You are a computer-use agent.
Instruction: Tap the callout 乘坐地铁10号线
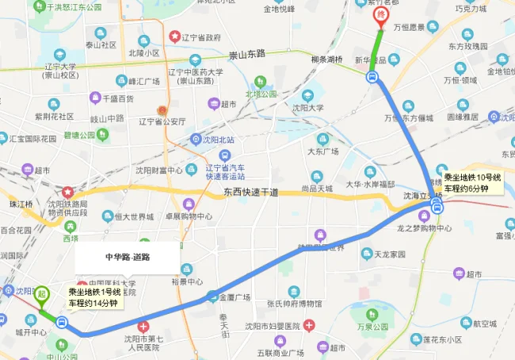coord(471,183)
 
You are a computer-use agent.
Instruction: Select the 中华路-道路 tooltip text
coord(128,257)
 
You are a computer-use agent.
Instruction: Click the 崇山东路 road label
coord(247,55)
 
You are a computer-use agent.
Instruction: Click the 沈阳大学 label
coord(305,107)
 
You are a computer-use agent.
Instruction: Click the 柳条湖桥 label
coord(326,59)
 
